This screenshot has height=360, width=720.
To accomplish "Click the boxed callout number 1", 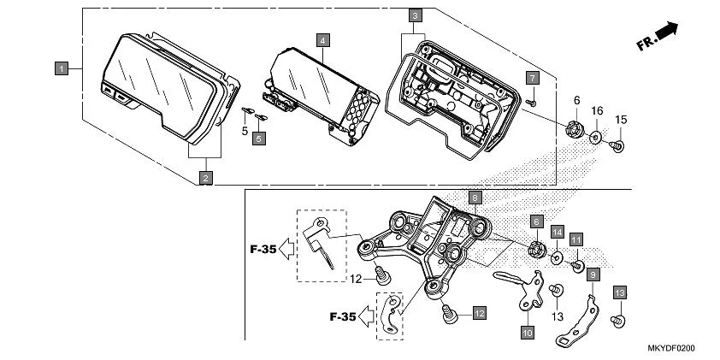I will coord(62,67).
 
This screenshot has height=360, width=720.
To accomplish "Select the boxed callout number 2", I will coord(205,177).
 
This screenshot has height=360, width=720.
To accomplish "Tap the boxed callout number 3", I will coord(414,15).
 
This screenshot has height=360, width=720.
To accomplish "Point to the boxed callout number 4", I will coord(322,40).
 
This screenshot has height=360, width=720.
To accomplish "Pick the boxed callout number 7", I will coord(531,78).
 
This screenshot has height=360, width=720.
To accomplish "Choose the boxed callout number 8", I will coord(475,196).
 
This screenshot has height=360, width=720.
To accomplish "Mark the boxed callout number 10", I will coord(527,331).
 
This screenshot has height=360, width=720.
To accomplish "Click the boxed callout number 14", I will coord(557,232).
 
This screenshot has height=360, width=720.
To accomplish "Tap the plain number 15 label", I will coord(622,118).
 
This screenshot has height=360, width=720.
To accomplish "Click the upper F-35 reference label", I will coord(263,251).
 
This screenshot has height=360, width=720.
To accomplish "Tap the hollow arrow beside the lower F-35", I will coord(364,316).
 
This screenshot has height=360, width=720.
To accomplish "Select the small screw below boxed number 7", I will coord(530,101).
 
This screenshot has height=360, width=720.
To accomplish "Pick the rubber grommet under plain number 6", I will coord(574,130).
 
